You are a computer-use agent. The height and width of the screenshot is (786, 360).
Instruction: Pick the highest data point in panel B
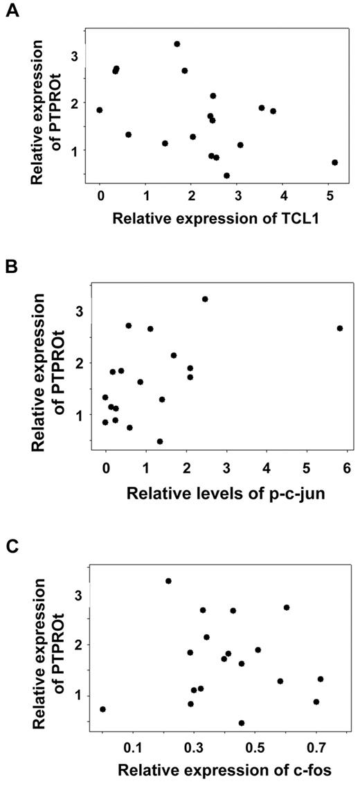click(205, 299)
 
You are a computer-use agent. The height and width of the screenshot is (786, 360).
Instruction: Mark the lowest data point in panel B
click(160, 441)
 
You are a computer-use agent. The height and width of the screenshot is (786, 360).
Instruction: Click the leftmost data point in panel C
click(102, 709)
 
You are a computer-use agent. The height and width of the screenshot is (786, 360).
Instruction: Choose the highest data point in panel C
click(168, 581)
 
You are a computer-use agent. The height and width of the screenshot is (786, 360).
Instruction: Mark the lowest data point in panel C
click(242, 723)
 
